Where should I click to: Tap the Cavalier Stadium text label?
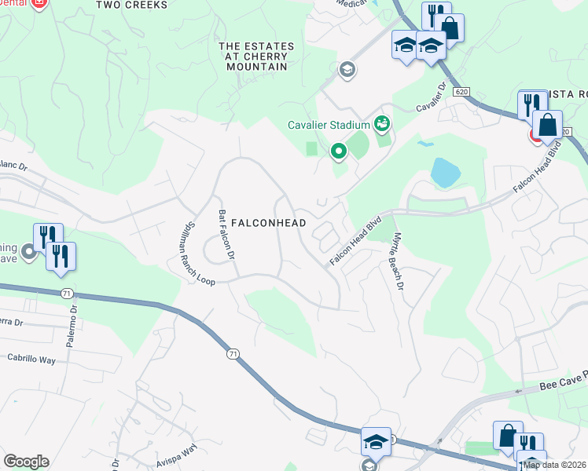328,125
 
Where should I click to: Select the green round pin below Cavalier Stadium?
339,150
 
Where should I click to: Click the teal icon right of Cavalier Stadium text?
382,123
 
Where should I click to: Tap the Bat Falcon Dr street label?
226,235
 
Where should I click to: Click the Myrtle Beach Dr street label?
398,262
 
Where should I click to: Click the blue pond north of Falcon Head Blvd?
444,172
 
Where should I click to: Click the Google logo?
26,462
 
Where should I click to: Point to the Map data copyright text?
555,465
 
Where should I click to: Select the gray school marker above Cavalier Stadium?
346,71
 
